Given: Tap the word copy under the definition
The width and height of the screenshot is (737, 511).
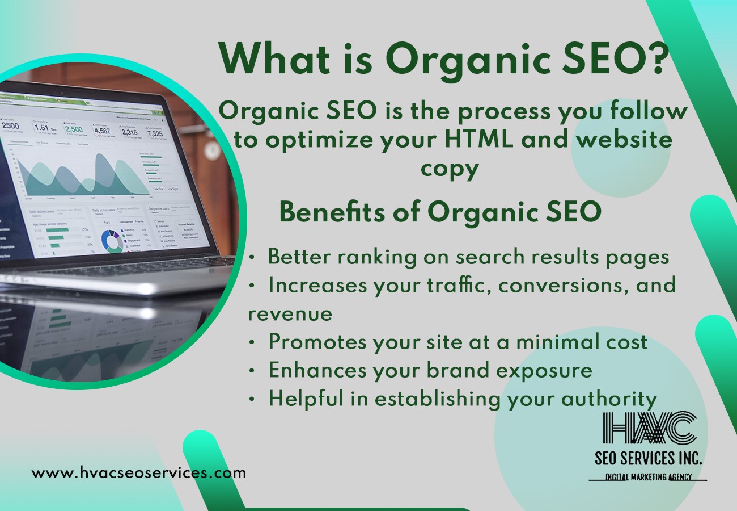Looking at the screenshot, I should (448, 169).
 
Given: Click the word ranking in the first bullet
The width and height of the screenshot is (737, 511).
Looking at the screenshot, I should (377, 257).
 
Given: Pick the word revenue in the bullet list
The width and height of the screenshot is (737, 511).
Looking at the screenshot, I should (290, 313).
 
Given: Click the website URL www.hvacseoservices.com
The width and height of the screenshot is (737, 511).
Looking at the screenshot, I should (139, 472).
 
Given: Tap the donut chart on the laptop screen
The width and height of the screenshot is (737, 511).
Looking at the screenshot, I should (112, 240).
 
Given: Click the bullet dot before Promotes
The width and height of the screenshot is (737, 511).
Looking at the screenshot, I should (252, 342).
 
